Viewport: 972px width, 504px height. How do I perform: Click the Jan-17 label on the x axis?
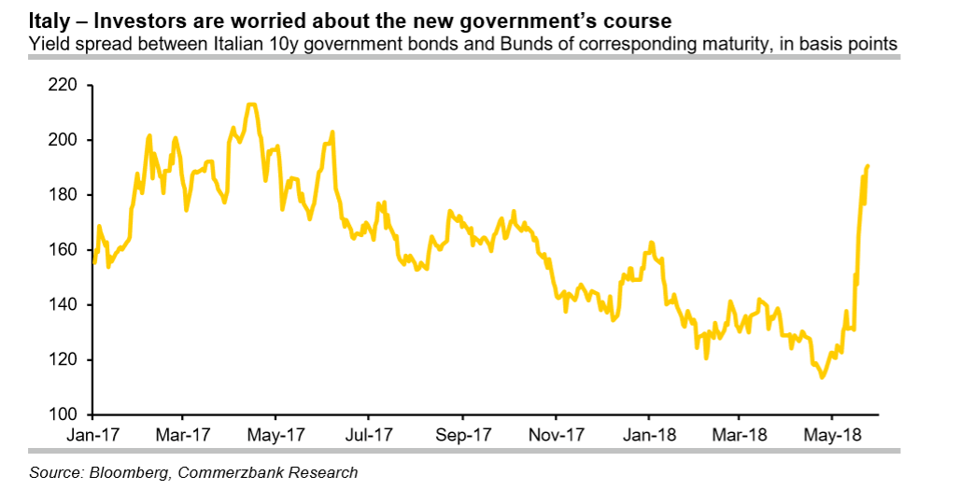pyautogui.click(x=92, y=434)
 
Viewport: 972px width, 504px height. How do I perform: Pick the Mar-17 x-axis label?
pyautogui.click(x=184, y=434)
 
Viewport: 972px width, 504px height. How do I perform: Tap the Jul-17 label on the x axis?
pyautogui.click(x=369, y=434)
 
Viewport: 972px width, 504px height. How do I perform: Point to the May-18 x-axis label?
pyautogui.click(x=833, y=434)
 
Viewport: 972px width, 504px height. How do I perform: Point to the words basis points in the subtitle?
pyautogui.click(x=856, y=43)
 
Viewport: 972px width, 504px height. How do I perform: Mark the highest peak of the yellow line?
pyautogui.click(x=250, y=105)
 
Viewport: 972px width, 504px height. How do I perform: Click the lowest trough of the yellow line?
pyautogui.click(x=822, y=377)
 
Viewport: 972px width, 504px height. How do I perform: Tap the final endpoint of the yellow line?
pyautogui.click(x=867, y=166)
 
